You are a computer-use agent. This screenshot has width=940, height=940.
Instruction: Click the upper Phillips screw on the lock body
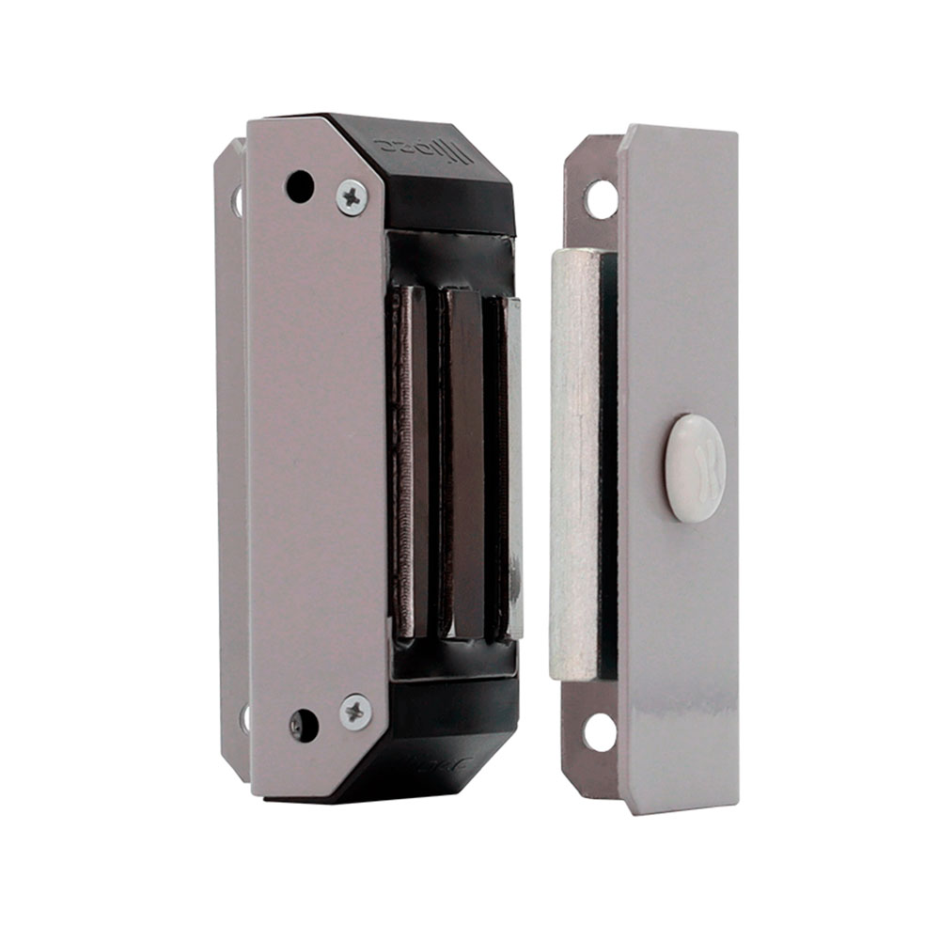pos(352,197)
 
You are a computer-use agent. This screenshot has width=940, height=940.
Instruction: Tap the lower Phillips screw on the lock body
pos(355,712)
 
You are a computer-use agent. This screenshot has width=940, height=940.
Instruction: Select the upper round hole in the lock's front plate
pos(300,186)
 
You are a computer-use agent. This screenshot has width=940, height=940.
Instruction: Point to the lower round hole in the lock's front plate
pos(303,724)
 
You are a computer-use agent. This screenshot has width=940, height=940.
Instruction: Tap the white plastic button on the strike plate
pos(695,467)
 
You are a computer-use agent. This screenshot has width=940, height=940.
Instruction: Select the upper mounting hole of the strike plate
pos(601,199)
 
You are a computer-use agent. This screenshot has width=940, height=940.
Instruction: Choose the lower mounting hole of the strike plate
pos(600,731)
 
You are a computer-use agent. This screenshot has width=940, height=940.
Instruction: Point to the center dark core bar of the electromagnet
pos(464,461)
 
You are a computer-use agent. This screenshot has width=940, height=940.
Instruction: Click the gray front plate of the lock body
pos(315,451)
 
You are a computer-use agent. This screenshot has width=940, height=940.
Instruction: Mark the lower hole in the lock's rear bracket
pos(243,718)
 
